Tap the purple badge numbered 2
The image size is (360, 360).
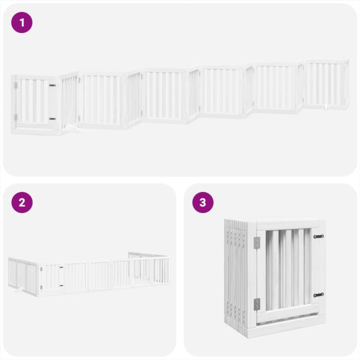pos(22,202)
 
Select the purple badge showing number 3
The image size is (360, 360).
pos(203,202)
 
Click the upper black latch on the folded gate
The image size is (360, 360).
pos(318,236)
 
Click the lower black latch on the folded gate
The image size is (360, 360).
pos(318,295)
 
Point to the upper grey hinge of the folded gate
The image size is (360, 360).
pos(257,242)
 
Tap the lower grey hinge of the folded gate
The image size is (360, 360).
pos(257,304)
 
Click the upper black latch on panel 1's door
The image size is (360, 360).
pos(53,86)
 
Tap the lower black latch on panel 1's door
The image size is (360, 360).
pos(53,119)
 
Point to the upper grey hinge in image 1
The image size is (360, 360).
pos(16,86)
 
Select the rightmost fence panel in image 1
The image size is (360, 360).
pos(327,84)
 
